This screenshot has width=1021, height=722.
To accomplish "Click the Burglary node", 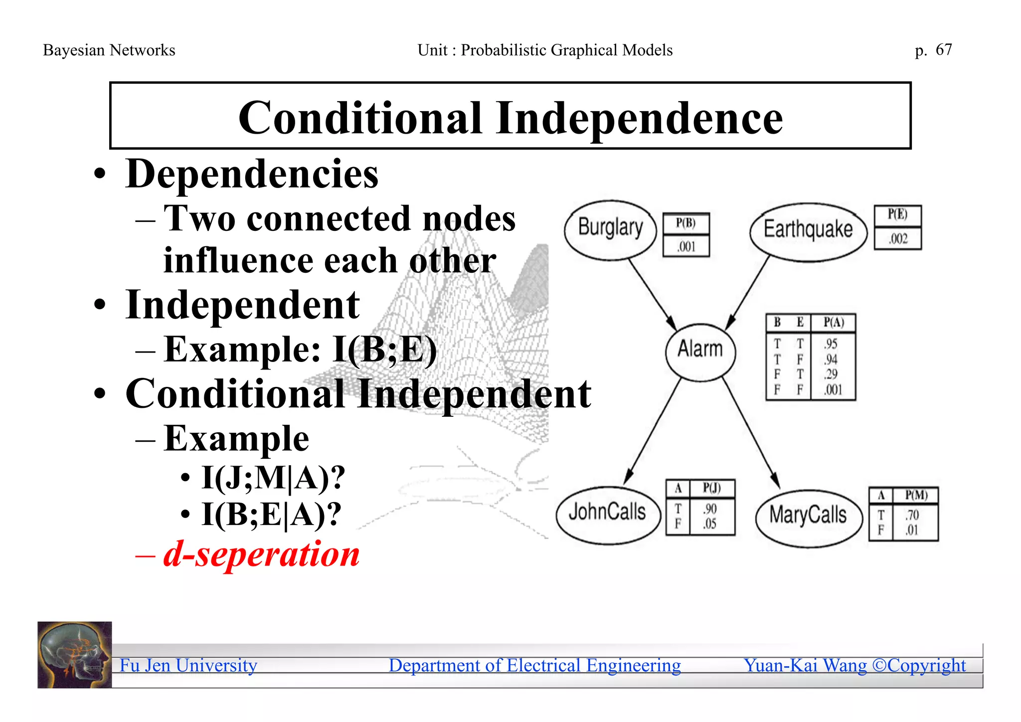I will pos(610,230).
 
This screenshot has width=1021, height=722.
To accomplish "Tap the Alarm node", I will pos(700,351).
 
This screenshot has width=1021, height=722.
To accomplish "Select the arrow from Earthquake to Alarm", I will pos(748,292).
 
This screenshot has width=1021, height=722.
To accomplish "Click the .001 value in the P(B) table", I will pos(686,247).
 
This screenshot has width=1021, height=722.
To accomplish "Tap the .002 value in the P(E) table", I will pos(898,239).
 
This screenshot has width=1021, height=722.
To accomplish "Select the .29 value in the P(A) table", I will pos(831,374).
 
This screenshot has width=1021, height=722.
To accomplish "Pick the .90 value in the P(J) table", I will pos(710,509).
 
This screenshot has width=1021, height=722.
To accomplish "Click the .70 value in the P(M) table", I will pos(912,515).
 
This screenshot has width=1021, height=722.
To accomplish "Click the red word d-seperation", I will pos(261,554).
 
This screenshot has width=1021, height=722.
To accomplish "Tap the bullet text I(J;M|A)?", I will pos(273,478).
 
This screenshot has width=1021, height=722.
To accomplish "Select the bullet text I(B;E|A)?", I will pos(271,515).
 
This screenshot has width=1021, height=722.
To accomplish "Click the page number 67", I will pos(943,50).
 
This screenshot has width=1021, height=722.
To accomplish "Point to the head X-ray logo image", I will pos(75,655).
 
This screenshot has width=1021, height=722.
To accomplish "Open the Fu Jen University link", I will pos(188,666).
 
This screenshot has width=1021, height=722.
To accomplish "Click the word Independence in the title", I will pos(639,118).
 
